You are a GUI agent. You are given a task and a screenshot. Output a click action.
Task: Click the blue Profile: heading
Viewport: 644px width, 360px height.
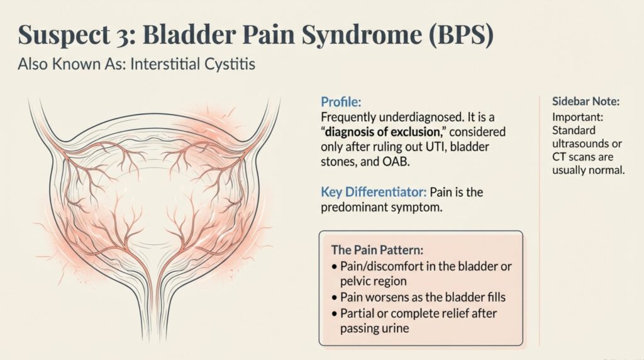(x=341, y=102)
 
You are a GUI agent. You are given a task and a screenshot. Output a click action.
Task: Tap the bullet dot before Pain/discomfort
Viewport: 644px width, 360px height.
(x=334, y=266)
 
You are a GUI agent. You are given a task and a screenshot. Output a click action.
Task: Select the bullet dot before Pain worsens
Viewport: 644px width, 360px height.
(x=334, y=296)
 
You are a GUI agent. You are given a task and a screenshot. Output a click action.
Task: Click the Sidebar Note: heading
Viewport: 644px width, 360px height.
(x=586, y=102)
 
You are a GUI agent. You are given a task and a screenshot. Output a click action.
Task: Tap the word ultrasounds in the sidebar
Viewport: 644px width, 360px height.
(x=582, y=144)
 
